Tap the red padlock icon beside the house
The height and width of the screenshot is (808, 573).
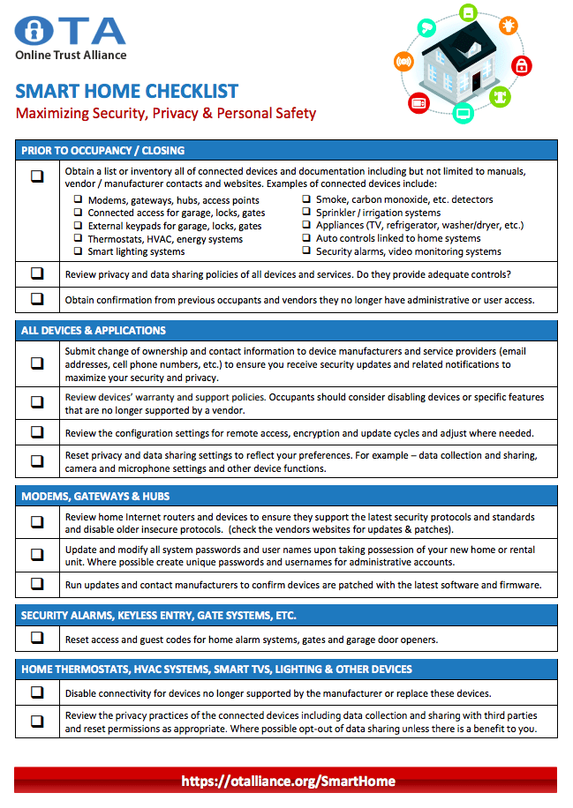click(x=521, y=65)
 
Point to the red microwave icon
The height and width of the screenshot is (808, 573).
click(x=418, y=102)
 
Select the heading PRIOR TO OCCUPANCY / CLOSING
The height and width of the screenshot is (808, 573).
click(x=103, y=150)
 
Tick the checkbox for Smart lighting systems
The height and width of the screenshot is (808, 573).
click(x=78, y=251)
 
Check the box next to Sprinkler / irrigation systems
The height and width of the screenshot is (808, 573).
click(x=306, y=213)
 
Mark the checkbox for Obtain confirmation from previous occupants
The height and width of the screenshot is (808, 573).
click(x=37, y=299)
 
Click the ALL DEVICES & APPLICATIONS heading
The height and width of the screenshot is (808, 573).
click(x=94, y=331)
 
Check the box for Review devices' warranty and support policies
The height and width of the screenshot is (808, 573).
click(x=37, y=402)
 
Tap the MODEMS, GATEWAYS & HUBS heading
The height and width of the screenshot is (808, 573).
click(x=95, y=496)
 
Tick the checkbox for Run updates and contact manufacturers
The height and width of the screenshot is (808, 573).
click(x=37, y=584)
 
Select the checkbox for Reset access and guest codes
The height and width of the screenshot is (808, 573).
click(x=37, y=639)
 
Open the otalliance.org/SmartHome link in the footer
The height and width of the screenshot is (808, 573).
click(x=288, y=781)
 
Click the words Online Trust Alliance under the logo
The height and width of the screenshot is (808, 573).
click(x=71, y=56)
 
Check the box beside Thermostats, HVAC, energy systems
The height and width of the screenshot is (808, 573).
click(x=78, y=238)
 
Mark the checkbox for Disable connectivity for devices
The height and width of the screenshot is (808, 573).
click(x=37, y=692)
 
